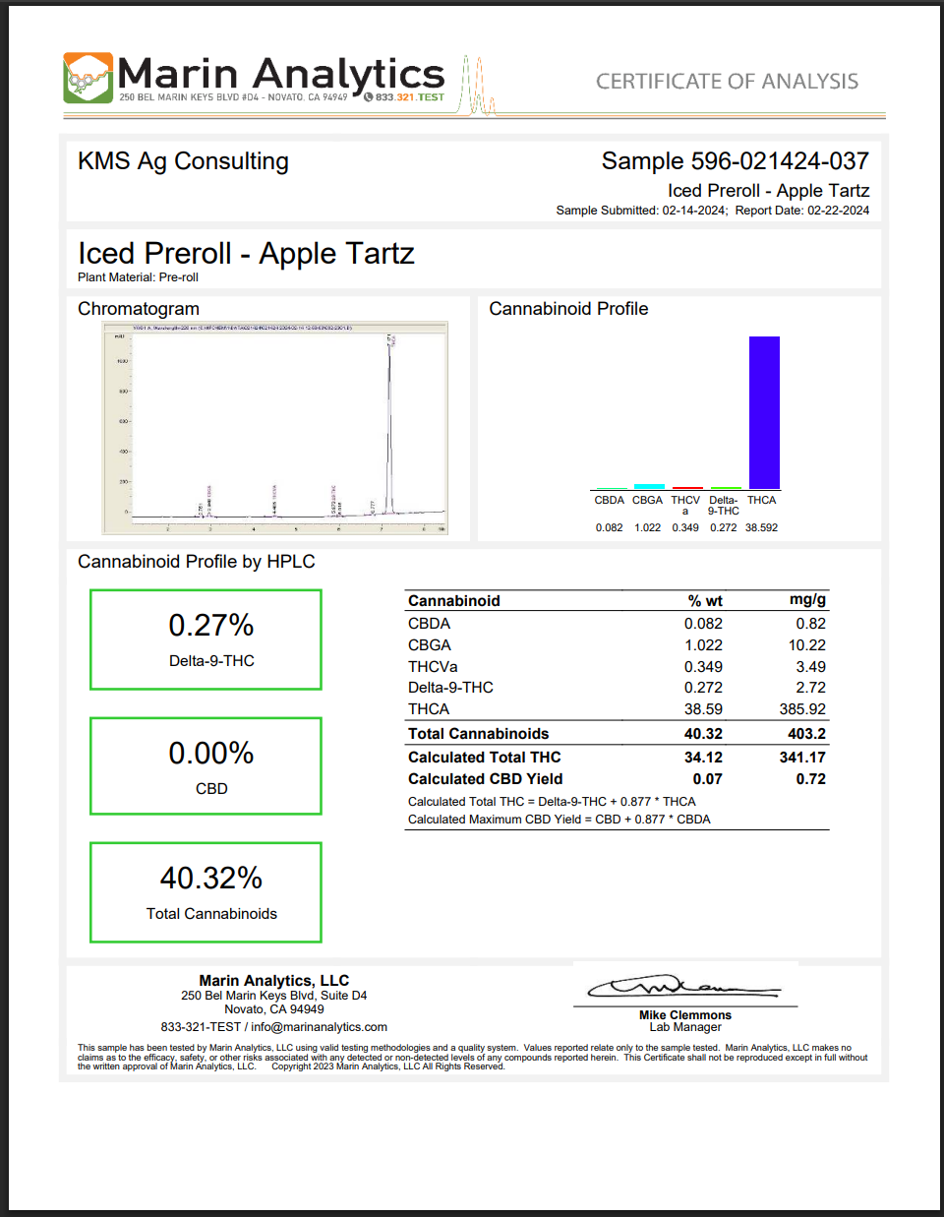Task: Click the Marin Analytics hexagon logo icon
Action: tap(88, 78)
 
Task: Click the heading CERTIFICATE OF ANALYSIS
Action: tap(727, 82)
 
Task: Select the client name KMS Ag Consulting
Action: tap(183, 161)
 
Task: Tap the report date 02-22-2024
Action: tap(838, 211)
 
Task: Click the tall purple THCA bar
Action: tap(764, 412)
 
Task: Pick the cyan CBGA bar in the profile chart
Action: tap(648, 486)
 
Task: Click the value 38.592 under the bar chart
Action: tap(761, 528)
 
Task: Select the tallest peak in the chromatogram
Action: tap(389, 423)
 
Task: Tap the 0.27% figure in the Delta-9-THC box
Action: tap(211, 626)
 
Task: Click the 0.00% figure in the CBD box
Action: tap(211, 754)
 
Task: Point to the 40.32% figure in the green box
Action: tap(211, 879)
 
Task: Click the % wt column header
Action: tap(705, 601)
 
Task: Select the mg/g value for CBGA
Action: tap(806, 645)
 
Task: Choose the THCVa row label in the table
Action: tap(433, 667)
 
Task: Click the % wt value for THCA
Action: tap(703, 709)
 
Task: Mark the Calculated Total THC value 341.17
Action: tap(802, 758)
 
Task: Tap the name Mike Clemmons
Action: tap(685, 1015)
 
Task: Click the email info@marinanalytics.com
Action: tap(319, 1027)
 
